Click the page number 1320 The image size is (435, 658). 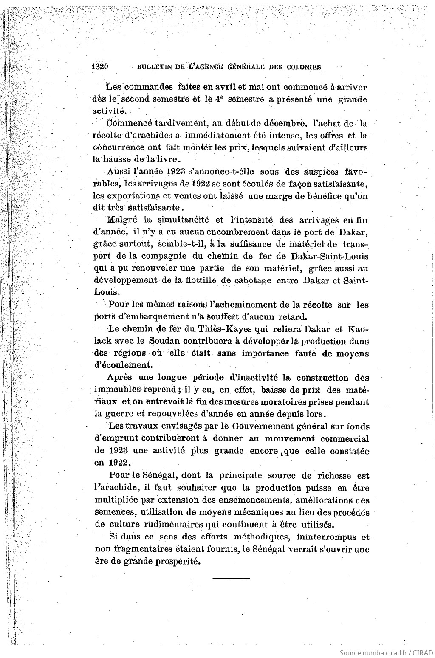(x=101, y=67)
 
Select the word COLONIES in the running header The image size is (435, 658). (x=302, y=67)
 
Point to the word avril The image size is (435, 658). (x=225, y=87)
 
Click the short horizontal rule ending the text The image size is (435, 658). (x=231, y=578)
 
